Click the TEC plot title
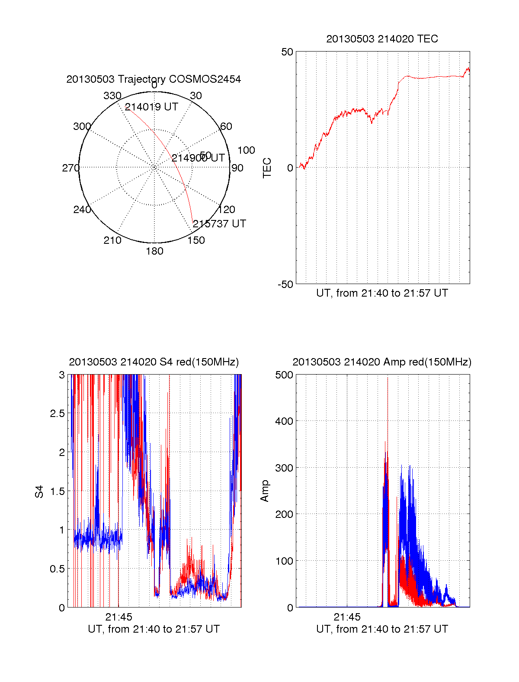[x=382, y=39]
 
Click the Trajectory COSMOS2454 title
[x=154, y=79]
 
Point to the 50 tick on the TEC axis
[x=287, y=52]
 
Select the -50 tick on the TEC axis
[x=285, y=284]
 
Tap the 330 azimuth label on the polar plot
[x=112, y=96]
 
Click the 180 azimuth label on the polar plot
[x=154, y=251]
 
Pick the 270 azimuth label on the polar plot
[x=70, y=168]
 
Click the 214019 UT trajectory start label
[x=151, y=107]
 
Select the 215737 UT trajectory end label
[x=219, y=224]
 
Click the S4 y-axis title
[x=39, y=491]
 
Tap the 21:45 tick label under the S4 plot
[x=119, y=617]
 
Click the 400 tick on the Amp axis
[x=284, y=421]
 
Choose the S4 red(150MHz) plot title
[x=154, y=362]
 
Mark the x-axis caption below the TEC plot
[x=382, y=293]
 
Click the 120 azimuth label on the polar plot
[x=227, y=210]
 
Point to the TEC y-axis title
[x=267, y=168]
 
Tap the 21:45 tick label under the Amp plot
[x=347, y=617]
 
